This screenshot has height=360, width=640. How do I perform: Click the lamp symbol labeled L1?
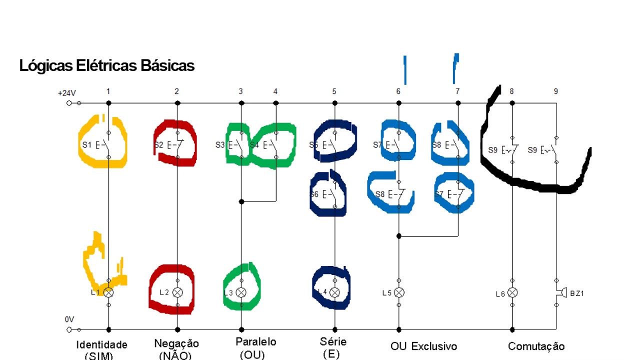click(x=108, y=292)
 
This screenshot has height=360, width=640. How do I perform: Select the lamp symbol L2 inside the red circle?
click(x=177, y=292)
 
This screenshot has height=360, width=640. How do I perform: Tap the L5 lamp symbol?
click(x=399, y=292)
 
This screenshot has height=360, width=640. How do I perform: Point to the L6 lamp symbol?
click(x=512, y=292)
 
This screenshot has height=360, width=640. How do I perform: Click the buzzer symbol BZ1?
click(x=560, y=292)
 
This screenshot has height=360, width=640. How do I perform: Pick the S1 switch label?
click(x=86, y=145)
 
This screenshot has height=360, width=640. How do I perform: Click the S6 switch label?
click(x=314, y=193)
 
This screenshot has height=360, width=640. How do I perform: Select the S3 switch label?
click(x=220, y=145)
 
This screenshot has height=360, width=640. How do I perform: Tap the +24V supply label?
click(x=66, y=93)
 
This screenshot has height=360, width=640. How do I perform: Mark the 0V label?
click(x=69, y=319)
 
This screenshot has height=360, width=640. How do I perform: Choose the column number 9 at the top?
click(x=556, y=91)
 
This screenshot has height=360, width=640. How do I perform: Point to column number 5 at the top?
click(x=334, y=91)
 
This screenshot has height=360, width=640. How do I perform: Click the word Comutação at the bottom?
click(x=536, y=346)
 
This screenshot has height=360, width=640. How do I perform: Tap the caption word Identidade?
click(x=101, y=344)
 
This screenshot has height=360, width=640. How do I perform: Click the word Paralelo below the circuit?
click(x=255, y=342)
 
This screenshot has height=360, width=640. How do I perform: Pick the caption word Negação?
click(x=176, y=343)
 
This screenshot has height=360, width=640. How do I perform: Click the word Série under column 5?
click(x=333, y=342)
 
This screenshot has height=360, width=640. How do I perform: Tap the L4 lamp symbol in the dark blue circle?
click(x=335, y=292)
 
